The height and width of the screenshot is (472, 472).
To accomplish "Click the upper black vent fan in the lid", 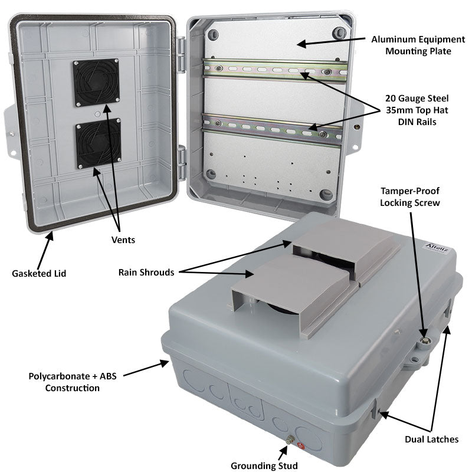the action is [x=96, y=83].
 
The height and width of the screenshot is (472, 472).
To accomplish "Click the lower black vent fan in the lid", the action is [x=99, y=143].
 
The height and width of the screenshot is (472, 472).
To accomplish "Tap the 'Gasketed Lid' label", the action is [x=39, y=273].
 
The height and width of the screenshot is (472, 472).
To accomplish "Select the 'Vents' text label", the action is [x=123, y=240].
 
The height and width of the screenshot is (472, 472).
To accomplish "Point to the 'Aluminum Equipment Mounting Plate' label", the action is [x=418, y=45].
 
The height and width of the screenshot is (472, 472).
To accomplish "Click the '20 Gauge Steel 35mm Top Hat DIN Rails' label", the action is [x=417, y=110].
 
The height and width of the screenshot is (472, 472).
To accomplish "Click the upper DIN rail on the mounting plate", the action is [x=274, y=70].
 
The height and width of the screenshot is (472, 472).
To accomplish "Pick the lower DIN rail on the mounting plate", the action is [x=272, y=129].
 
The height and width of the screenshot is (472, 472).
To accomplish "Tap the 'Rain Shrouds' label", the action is [x=146, y=273].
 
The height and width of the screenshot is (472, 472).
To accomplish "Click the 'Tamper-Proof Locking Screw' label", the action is [x=410, y=197].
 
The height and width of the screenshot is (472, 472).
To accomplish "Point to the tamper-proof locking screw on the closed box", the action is [x=424, y=341].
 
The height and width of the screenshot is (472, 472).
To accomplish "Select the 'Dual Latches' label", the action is [x=431, y=439].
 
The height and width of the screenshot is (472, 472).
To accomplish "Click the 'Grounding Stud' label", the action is [x=264, y=466].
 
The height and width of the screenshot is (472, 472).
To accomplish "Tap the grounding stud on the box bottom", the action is [x=290, y=439].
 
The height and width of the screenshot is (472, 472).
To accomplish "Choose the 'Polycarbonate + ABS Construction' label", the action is [x=73, y=382].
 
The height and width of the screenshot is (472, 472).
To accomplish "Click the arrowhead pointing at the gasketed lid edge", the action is [x=50, y=237].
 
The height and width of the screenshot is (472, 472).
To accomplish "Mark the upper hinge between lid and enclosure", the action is [x=181, y=54].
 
